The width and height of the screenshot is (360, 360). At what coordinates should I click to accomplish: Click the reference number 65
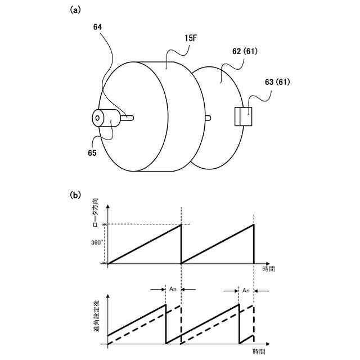point(91,152)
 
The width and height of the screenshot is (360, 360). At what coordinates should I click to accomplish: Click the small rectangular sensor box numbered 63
point(243,117)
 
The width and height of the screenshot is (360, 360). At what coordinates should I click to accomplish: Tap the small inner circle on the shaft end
point(98,118)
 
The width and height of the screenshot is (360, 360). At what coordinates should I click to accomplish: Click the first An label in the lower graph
point(173,289)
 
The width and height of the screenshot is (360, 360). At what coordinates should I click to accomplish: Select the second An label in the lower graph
point(246,290)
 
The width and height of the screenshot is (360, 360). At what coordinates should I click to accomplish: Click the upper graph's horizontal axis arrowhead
point(271,263)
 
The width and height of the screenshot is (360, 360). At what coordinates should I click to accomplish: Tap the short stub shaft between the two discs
point(208,118)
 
